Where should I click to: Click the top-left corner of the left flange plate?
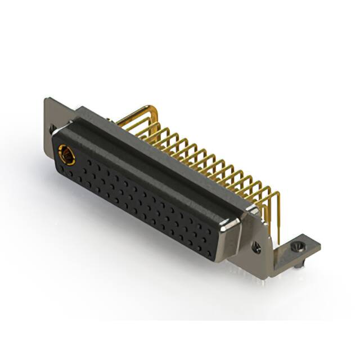point(46,100)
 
